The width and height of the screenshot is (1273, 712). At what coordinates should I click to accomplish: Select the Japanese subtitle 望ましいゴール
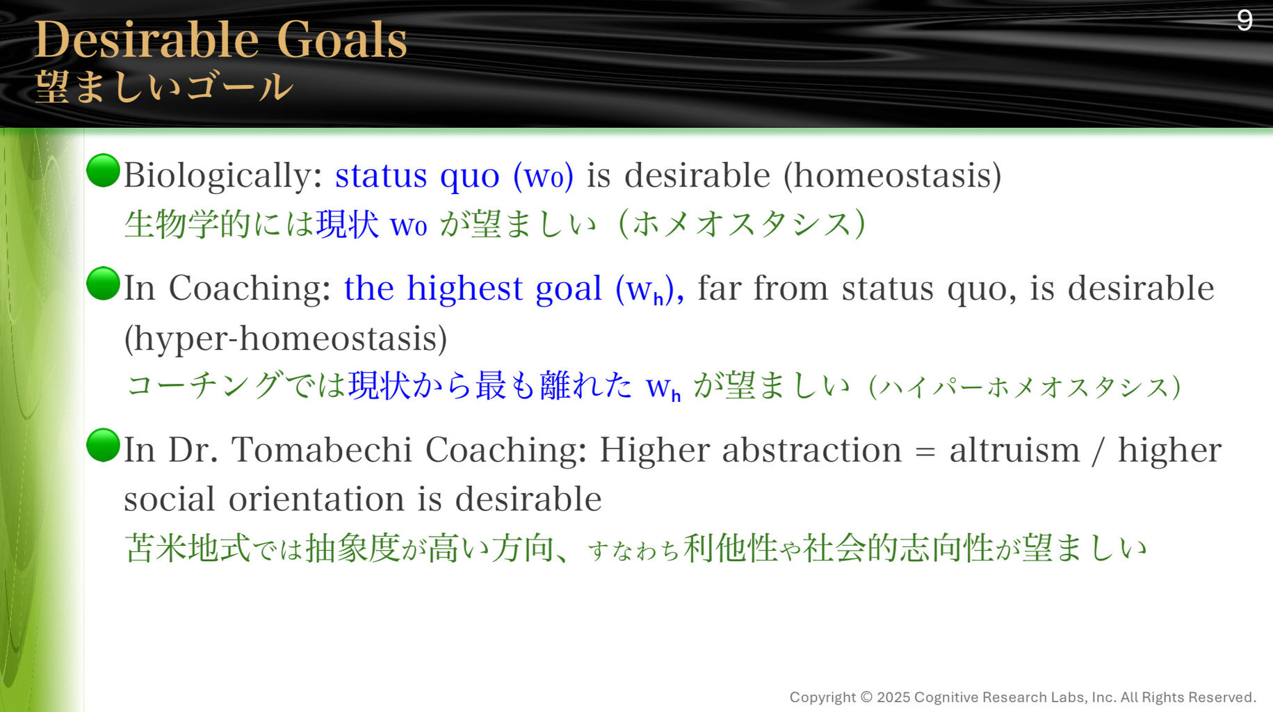pos(164,88)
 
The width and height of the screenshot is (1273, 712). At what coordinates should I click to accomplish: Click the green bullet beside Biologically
pos(104,170)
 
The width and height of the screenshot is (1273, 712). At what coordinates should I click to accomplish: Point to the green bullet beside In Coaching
pos(104,283)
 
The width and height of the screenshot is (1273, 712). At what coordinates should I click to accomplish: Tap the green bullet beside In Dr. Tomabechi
pos(104,445)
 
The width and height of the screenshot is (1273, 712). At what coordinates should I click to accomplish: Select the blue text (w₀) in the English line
pos(543,176)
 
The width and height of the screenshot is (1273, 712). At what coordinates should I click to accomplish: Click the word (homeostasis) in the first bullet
pos(892,176)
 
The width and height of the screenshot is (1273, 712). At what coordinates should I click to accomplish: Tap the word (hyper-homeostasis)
pos(286,339)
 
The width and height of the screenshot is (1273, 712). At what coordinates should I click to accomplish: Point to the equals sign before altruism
pos(925,452)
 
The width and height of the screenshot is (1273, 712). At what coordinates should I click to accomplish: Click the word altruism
pos(1014,450)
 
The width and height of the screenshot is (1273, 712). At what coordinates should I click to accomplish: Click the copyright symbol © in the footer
pos(866,697)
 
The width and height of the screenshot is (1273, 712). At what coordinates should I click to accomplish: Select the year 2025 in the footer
pos(893,697)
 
